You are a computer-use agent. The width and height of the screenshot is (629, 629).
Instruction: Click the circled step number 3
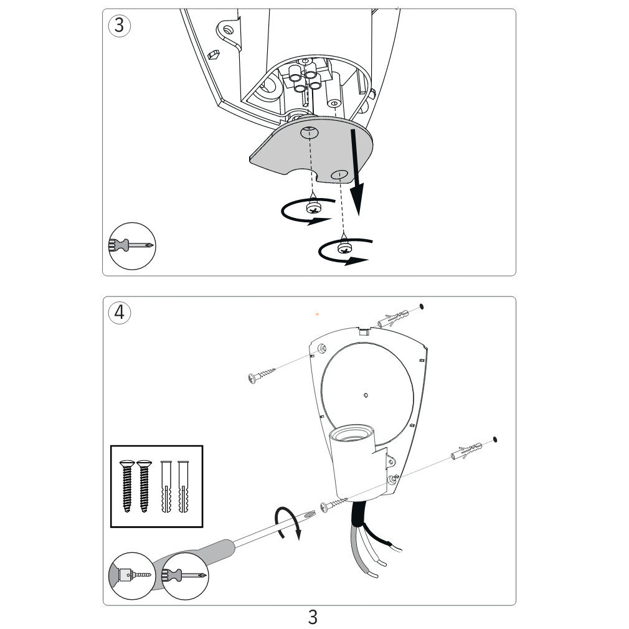coord(120,26)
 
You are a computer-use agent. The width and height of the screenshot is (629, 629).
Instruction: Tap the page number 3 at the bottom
coord(313,617)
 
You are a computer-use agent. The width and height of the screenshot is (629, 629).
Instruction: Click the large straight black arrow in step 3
coord(356,173)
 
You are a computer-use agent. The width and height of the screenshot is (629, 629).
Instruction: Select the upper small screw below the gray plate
coord(313,207)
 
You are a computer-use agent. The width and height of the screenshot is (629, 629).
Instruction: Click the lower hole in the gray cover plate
coord(339,174)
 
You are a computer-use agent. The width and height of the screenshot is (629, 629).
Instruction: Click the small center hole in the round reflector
coord(366,395)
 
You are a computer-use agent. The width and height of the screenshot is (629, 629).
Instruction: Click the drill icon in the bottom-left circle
coord(132,575)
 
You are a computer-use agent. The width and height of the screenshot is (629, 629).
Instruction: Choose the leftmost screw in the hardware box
coord(127,486)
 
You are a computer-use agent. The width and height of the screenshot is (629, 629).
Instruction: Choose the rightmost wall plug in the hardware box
coord(183,486)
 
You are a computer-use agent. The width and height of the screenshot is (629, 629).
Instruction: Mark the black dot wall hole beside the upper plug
coord(421,306)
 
